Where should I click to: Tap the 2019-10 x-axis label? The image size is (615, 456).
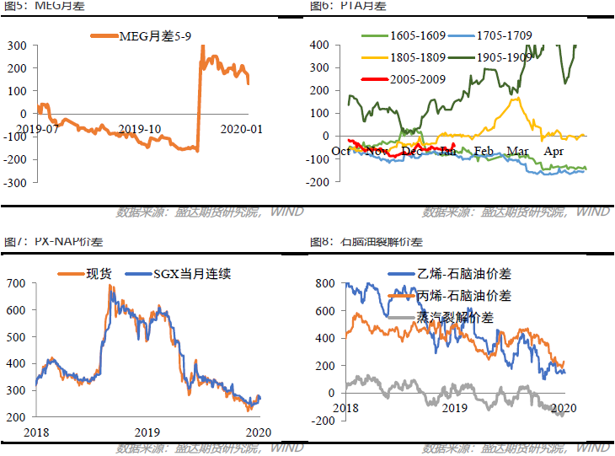(x=139, y=129)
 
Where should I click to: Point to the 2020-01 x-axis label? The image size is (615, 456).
(x=241, y=129)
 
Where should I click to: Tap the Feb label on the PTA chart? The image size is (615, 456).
(x=483, y=151)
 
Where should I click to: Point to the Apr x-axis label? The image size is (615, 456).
(x=553, y=151)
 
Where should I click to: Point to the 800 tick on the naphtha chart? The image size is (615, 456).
(x=324, y=284)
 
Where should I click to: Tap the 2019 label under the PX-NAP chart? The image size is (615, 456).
(x=148, y=432)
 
